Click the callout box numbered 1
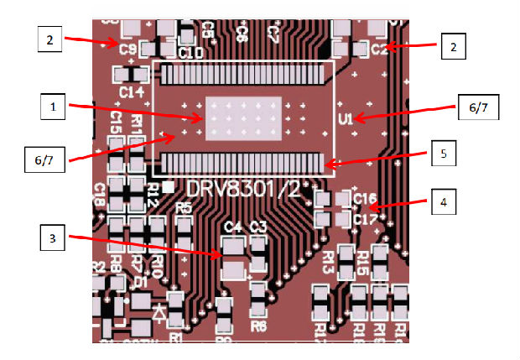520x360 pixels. coord(53,107)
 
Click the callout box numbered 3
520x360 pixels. coord(53,239)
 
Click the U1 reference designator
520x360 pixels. coord(344,117)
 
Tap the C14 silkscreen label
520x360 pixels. coord(132,91)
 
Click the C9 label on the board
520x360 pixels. coord(127,50)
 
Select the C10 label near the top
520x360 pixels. coord(191,53)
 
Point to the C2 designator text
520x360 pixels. coord(378,50)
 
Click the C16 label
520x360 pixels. coord(365,199)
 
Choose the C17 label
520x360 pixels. coord(365,219)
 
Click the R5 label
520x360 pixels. coord(185,206)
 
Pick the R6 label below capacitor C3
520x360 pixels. coord(258,326)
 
